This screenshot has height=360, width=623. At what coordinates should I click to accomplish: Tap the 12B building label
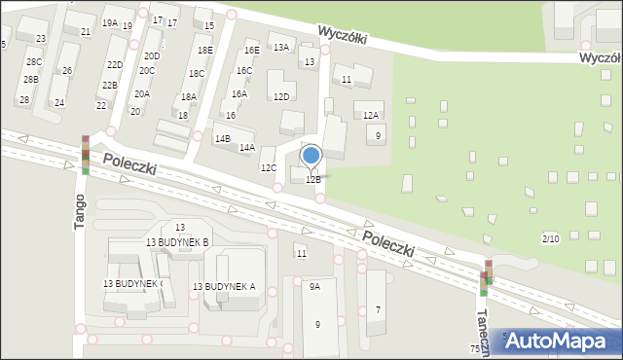[x=313, y=180]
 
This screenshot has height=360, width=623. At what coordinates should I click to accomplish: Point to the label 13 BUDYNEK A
[x=224, y=286]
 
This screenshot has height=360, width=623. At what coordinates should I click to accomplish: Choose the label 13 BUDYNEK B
[x=177, y=241]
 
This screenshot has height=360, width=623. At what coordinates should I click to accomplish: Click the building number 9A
[x=314, y=287]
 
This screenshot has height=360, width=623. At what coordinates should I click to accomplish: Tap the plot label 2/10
[x=550, y=238]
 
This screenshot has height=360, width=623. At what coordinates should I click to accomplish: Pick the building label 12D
[x=281, y=96]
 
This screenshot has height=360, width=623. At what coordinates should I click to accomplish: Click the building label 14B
[x=222, y=139]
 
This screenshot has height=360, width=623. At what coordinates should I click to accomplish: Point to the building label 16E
[x=251, y=50]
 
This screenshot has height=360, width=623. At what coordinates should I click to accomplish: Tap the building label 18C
[x=196, y=73]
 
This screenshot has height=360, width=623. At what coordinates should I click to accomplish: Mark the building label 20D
[x=151, y=56]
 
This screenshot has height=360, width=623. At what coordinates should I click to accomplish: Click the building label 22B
[x=110, y=86]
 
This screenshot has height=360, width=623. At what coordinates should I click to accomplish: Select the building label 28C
[x=33, y=62]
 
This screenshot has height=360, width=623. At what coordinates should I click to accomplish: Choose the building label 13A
[x=281, y=47]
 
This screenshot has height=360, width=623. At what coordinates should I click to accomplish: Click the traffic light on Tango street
[x=85, y=155]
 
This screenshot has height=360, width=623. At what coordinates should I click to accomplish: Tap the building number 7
[x=379, y=309]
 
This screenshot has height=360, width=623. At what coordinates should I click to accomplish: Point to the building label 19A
[x=109, y=22]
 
